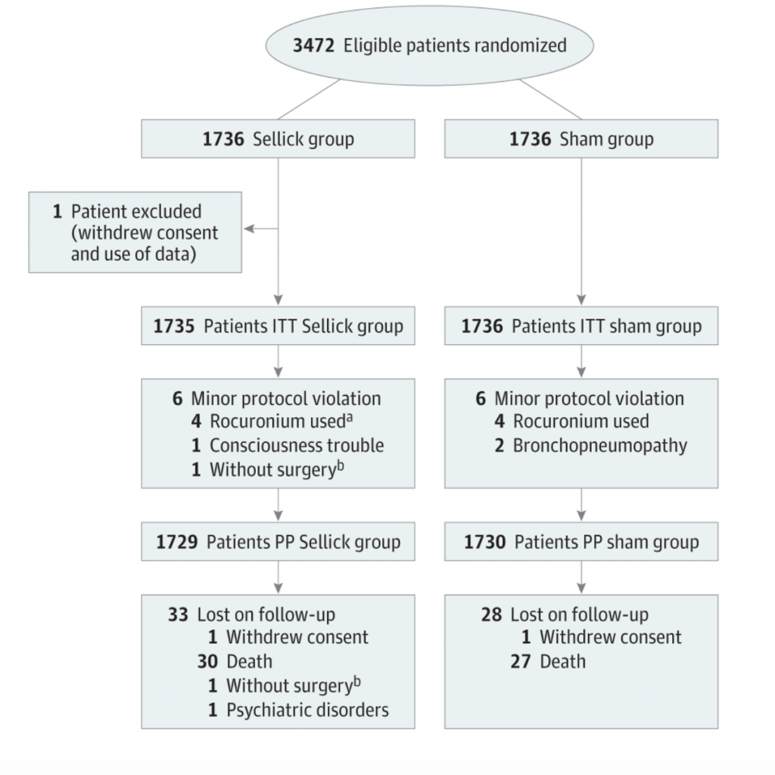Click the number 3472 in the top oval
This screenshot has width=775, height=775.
[x=314, y=45]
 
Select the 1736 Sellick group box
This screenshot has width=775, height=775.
[x=278, y=140]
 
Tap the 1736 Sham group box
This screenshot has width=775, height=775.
[x=580, y=140]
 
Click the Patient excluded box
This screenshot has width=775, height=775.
[x=135, y=232]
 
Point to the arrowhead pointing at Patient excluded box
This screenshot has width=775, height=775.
[x=247, y=229]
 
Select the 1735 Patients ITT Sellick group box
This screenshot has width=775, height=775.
[x=278, y=327]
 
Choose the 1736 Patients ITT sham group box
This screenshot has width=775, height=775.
[x=580, y=327]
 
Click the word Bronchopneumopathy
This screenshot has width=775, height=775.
[x=599, y=445]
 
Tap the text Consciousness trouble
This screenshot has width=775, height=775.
[x=297, y=445]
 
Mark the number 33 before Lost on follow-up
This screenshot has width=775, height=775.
[x=178, y=614]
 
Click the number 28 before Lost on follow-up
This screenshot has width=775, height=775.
[x=491, y=614]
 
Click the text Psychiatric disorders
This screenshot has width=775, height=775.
[x=307, y=710]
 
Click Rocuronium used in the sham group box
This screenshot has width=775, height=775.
[x=580, y=422]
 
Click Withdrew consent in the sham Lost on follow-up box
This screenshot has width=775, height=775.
[x=610, y=637]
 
